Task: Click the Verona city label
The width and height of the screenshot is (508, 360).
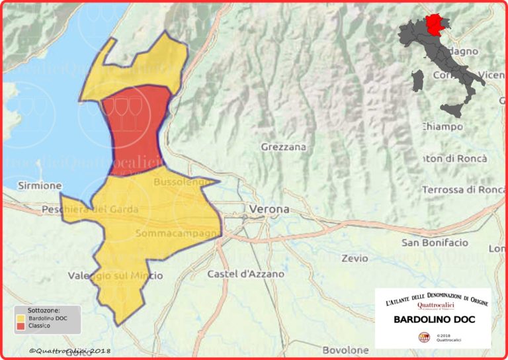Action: click(269, 209)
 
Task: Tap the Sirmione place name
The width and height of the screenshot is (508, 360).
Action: click(40, 185)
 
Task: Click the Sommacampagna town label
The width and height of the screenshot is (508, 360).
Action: click(177, 234)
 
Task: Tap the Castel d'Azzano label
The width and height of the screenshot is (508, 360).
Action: click(245, 273)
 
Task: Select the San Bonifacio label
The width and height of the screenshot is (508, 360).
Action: click(435, 243)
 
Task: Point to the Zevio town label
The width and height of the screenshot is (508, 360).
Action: click(355, 258)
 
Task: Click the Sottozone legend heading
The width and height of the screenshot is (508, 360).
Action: click(44, 310)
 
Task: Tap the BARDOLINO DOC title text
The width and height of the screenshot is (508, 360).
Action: click(433, 320)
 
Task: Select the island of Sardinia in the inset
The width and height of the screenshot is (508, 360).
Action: click(417, 81)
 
